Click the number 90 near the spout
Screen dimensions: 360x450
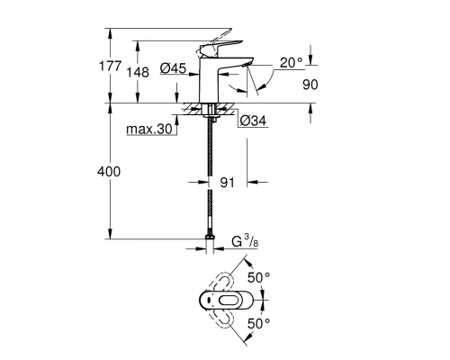click(x=311, y=84)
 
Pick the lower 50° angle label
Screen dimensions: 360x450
click(x=259, y=322)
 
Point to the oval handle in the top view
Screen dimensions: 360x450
click(x=226, y=301)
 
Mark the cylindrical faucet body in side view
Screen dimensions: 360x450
click(x=209, y=83)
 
